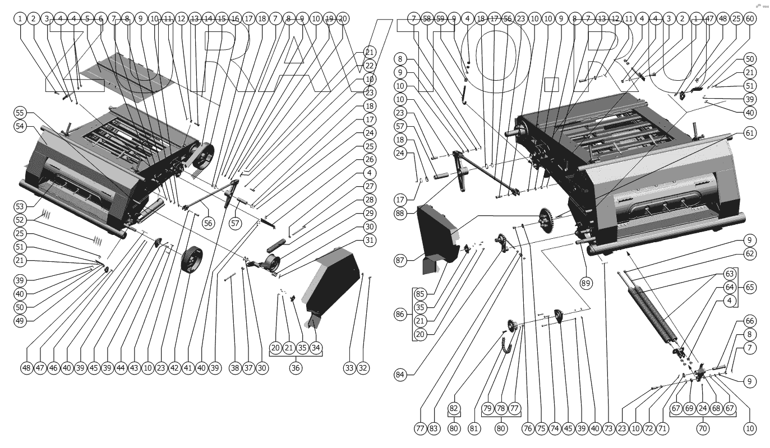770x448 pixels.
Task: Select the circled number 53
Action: tap(21, 207)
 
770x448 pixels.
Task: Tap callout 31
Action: tap(369, 240)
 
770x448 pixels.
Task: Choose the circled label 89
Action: tap(585, 283)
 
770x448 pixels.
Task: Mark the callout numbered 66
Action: tap(750, 321)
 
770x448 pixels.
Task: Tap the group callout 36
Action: tap(296, 368)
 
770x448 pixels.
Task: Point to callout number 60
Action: tap(750, 19)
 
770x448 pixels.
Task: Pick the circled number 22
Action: tap(369, 66)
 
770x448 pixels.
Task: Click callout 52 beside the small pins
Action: tap(21, 220)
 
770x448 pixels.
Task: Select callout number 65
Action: tap(750, 287)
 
